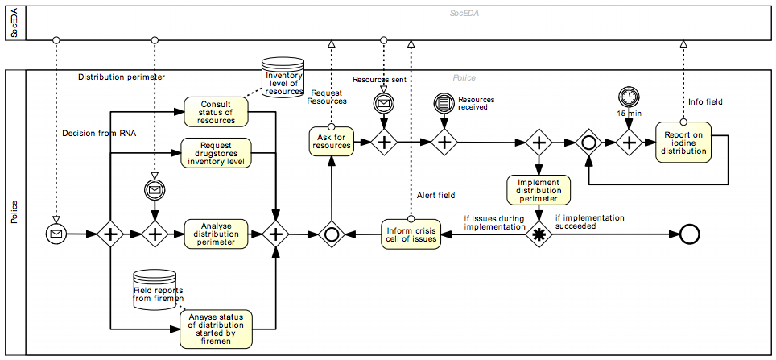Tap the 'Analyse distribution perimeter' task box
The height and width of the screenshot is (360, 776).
216,234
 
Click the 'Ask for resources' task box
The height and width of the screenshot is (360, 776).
332,141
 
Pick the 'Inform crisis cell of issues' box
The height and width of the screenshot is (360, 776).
411,234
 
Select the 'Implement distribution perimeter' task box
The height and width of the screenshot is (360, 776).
539,190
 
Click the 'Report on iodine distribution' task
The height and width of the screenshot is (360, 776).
683,142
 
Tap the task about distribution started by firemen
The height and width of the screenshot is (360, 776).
216,329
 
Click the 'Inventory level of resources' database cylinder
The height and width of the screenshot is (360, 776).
283,77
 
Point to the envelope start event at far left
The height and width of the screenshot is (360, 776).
56,234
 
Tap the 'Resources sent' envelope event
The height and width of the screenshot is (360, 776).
384,103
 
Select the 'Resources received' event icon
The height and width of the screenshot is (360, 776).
444,103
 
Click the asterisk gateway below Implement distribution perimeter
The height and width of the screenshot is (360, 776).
539,234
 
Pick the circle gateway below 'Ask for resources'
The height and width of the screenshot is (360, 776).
331,234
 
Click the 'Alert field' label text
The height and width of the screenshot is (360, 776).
435,195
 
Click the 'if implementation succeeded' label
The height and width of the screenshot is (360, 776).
589,221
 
